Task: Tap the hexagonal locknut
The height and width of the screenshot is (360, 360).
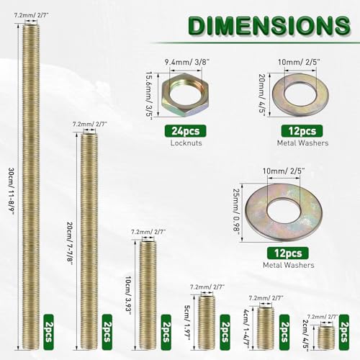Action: coord(185,95)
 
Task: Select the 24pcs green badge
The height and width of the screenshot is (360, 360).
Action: coord(185,131)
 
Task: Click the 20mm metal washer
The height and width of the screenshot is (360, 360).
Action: coord(300,95)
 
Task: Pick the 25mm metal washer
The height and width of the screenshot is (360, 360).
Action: coord(284,212)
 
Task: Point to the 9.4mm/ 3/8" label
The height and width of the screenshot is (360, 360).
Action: coord(187,62)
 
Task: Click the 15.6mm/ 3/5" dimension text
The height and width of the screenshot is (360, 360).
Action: coord(150,96)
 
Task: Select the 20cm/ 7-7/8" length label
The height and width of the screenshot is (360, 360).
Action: coord(70,243)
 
